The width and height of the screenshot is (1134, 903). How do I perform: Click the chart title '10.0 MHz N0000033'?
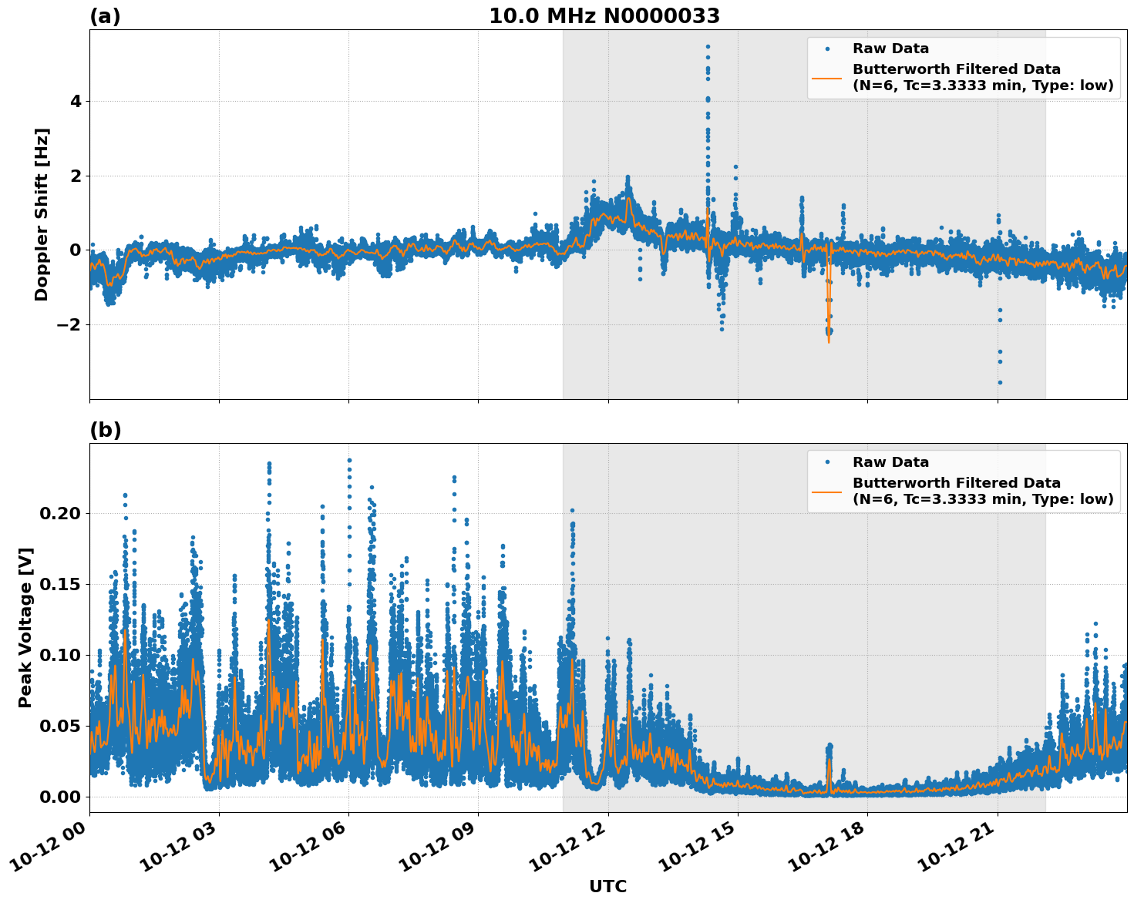(604, 16)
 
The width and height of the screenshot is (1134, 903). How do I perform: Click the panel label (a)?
(105, 16)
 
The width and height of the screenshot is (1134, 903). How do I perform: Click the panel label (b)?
(105, 430)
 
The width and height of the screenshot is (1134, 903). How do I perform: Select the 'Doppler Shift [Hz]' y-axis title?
(42, 214)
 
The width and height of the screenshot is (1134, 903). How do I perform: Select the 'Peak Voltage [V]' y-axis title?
(25, 627)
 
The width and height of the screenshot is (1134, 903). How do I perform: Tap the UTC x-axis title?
(607, 886)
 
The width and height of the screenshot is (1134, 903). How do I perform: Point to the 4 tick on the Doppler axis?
(76, 102)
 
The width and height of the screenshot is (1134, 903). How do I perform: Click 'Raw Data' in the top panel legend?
(890, 49)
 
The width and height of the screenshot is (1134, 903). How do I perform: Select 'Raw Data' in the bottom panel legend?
(890, 462)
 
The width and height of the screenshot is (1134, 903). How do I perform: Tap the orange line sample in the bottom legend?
(827, 492)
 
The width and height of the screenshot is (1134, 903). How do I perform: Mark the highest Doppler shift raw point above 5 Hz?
(708, 46)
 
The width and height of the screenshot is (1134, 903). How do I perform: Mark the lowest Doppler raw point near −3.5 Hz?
(1000, 382)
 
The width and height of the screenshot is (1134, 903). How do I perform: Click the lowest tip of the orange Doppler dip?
(829, 342)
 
